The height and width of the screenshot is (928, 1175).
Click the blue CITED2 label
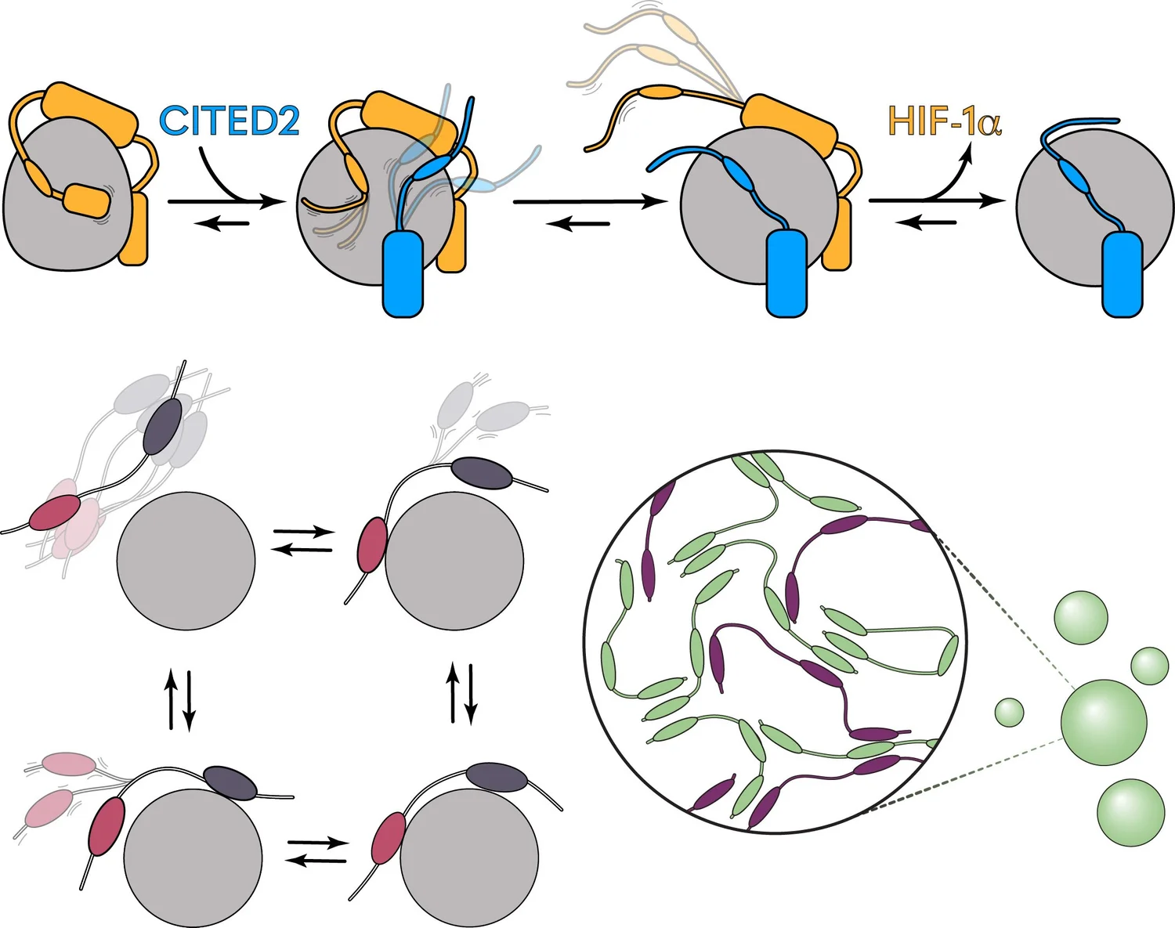[229, 121]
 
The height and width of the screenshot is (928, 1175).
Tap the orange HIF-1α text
[944, 121]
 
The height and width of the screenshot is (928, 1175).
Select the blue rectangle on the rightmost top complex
[1122, 274]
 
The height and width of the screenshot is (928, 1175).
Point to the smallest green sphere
[1010, 712]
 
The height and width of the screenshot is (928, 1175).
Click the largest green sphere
[1104, 721]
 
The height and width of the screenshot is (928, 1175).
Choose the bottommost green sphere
[1130, 812]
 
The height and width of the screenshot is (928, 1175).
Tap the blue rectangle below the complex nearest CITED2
[403, 274]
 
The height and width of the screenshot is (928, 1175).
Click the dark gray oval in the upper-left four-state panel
[163, 425]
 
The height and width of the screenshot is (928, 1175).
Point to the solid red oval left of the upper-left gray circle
[54, 513]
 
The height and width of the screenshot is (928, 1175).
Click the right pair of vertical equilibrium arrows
[461, 693]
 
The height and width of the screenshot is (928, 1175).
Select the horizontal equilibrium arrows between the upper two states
[302, 540]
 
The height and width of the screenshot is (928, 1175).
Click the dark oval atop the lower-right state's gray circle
[497, 777]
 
